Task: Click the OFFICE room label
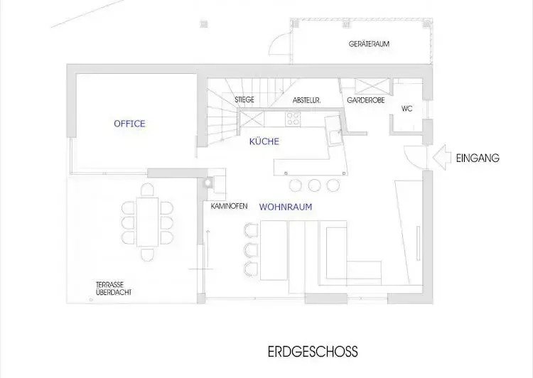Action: [x=129, y=124]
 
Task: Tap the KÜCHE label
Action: [x=264, y=141]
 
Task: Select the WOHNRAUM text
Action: [x=286, y=207]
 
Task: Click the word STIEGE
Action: [x=244, y=99]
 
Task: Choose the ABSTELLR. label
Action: [x=306, y=101]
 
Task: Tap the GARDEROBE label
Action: [x=366, y=100]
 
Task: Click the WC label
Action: [x=407, y=109]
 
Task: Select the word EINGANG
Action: [x=478, y=158]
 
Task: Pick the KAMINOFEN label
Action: [x=229, y=206]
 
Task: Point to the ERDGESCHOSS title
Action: [x=313, y=352]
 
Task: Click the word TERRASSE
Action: [x=109, y=284]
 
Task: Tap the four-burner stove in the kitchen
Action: [x=293, y=119]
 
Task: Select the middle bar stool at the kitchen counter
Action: [x=314, y=185]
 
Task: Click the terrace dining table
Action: [x=147, y=222]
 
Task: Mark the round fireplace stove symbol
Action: [x=208, y=183]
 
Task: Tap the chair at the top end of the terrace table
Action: [x=147, y=190]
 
